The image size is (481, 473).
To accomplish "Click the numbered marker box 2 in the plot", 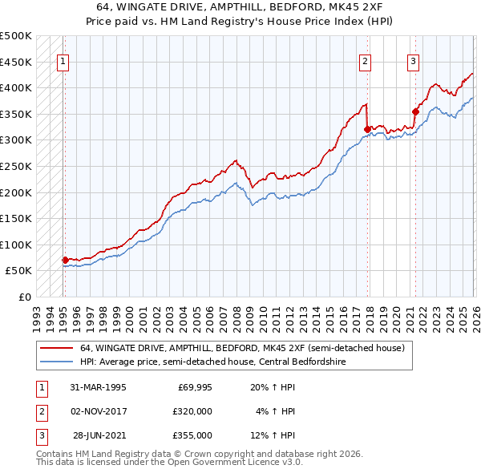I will click(x=366, y=61).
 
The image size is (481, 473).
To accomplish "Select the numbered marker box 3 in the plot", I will click(x=414, y=61).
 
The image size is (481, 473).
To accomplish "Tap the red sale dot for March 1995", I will click(x=65, y=260).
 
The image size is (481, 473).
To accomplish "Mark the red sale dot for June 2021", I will click(x=415, y=111).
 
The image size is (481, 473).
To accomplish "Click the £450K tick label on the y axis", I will click(x=16, y=62).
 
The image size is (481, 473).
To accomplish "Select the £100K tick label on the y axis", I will click(x=16, y=245).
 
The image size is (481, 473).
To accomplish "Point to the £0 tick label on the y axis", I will click(x=24, y=297).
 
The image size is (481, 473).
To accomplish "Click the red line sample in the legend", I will click(x=56, y=349).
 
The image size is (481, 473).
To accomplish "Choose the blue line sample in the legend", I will click(x=56, y=362).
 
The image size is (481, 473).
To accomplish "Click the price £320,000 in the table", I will click(x=192, y=410).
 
